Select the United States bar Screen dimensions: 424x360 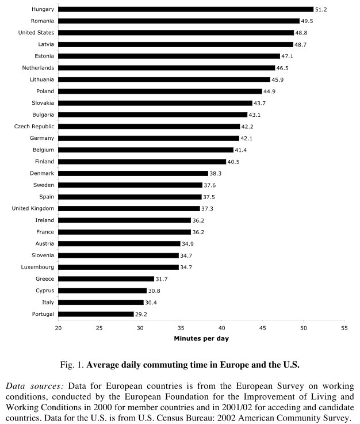pyautogui.click(x=176, y=33)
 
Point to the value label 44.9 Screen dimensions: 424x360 pyautogui.click(x=270, y=91)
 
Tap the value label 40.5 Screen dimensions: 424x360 pyautogui.click(x=235, y=162)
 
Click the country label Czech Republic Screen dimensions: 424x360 pyautogui.click(x=35, y=127)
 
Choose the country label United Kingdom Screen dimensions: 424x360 pyautogui.click(x=33, y=208)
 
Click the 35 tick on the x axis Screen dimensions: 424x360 pyautogui.click(x=181, y=328)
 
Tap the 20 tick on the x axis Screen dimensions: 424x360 pyautogui.click(x=59, y=328)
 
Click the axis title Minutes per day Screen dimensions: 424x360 pyautogui.click(x=201, y=338)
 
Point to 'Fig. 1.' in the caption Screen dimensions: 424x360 pyautogui.click(x=73, y=365)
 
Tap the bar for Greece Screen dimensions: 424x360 pyautogui.click(x=106, y=279)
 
